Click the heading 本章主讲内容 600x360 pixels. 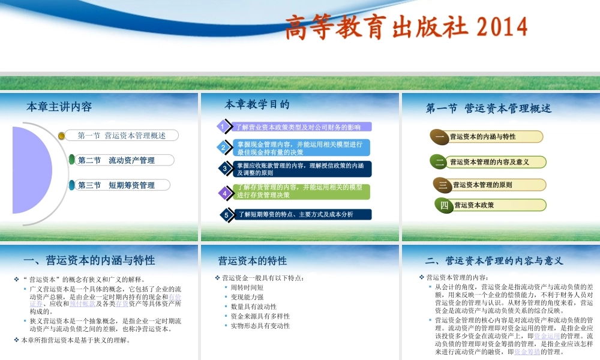(x=59, y=107)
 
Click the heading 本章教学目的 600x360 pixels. (x=257, y=104)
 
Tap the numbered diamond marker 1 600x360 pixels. (x=222, y=127)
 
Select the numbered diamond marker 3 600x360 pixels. (x=224, y=169)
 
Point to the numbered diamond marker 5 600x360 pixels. (x=226, y=215)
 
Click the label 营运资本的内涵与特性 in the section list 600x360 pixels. (x=482, y=137)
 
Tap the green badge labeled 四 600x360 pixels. (x=445, y=205)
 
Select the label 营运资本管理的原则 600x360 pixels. (x=482, y=185)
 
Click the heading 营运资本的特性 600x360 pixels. (x=253, y=261)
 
